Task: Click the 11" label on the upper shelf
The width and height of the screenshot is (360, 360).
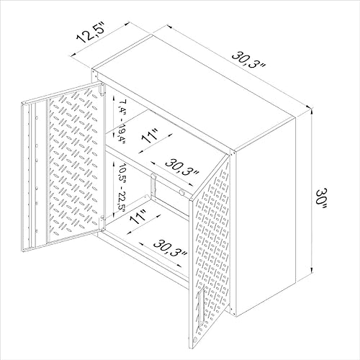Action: [x=150, y=136]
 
